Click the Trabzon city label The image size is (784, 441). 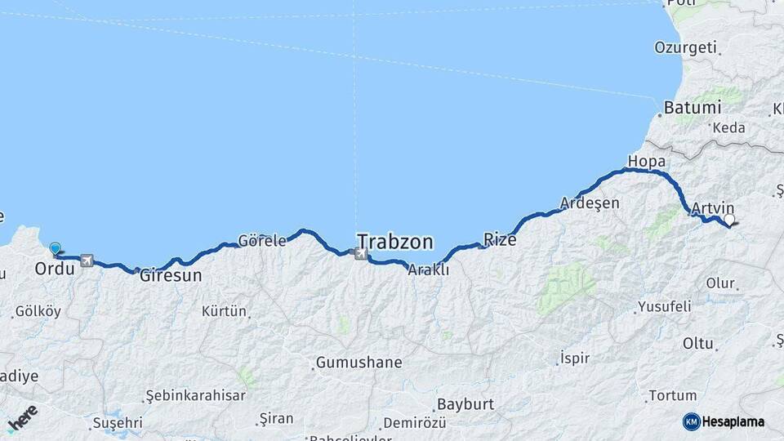click(x=394, y=242)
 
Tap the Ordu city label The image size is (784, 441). click(x=56, y=269)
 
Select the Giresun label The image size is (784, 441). click(x=171, y=276)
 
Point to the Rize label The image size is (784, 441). click(x=500, y=239)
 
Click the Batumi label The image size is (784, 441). click(x=692, y=108)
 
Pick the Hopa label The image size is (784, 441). click(x=646, y=160)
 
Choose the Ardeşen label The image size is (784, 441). click(x=590, y=203)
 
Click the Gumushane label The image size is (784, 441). click(x=359, y=361)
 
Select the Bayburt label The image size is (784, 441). click(x=465, y=404)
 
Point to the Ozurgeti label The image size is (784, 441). click(x=684, y=47)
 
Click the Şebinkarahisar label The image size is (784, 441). click(x=195, y=395)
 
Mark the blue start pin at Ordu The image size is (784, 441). click(x=55, y=249)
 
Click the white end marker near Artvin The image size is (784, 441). click(x=728, y=220)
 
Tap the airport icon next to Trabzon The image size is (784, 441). click(x=361, y=254)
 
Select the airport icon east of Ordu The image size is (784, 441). click(x=87, y=261)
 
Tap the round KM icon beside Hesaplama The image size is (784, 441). click(x=691, y=421)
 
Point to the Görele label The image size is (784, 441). click(x=262, y=241)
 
